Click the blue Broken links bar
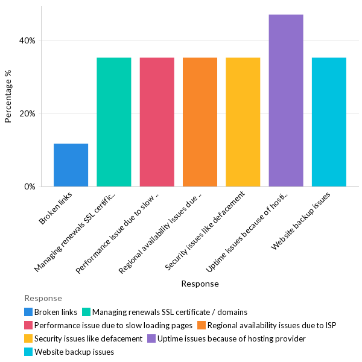point(71,165)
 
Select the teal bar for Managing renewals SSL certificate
point(113,122)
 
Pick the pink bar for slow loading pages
point(157,122)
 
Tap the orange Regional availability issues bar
point(200,122)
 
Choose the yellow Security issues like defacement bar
point(243,122)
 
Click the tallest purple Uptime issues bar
point(286,100)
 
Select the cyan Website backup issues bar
point(329,122)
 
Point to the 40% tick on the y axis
point(27,40)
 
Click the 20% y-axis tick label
point(27,113)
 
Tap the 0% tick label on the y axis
point(30,186)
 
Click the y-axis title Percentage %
point(8,97)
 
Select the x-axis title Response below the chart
point(200,284)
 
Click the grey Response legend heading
point(43,298)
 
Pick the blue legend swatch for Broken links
point(28,312)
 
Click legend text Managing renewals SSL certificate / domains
point(170,312)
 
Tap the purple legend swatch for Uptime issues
point(151,338)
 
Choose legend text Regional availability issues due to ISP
point(271,325)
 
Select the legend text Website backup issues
point(74,352)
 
